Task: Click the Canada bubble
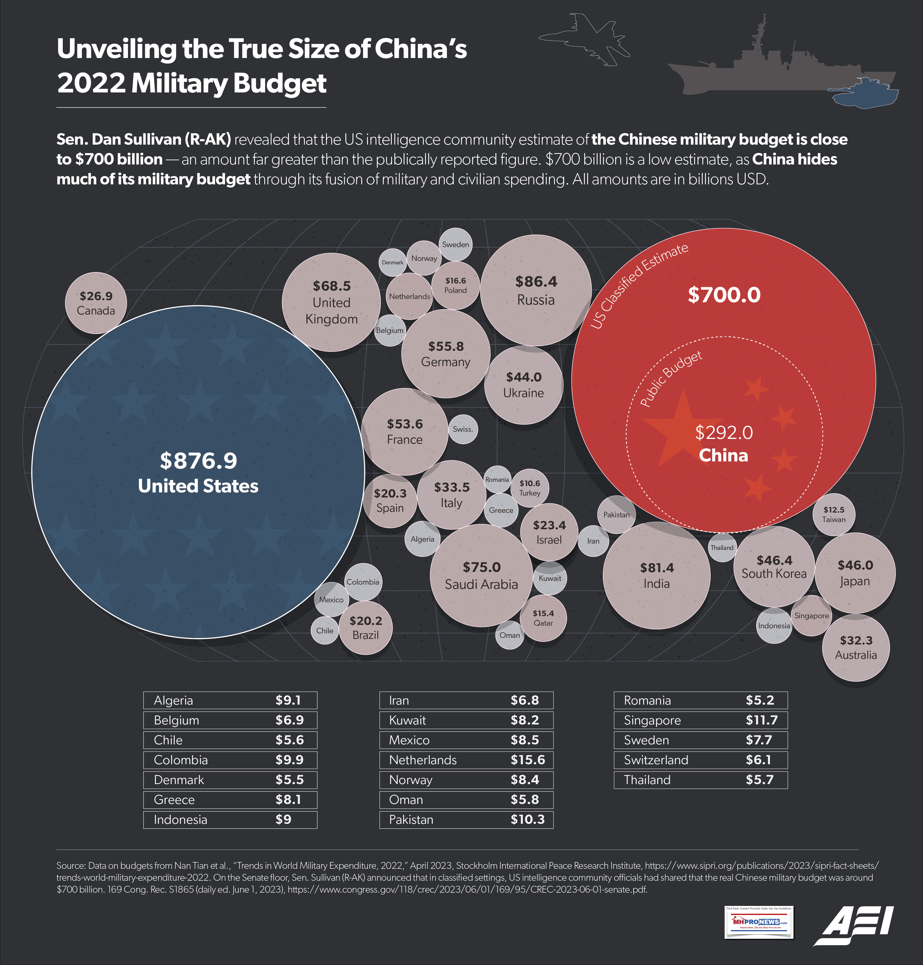(x=96, y=303)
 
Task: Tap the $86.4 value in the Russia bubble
(x=536, y=282)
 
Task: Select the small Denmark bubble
(x=393, y=262)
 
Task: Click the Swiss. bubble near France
(x=462, y=429)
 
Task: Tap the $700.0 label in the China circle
(x=724, y=295)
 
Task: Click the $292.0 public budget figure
(x=724, y=433)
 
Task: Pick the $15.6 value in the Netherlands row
(x=527, y=760)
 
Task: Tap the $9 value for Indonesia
(x=283, y=819)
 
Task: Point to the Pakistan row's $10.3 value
(x=527, y=819)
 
